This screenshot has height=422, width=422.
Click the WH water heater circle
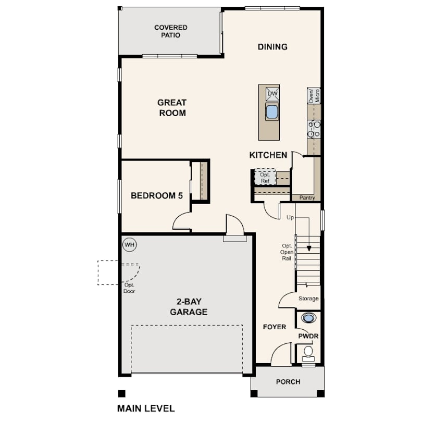[129, 245]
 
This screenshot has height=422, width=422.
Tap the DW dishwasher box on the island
[272, 94]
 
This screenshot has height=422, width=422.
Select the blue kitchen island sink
[272, 111]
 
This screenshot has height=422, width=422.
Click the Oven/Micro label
[314, 95]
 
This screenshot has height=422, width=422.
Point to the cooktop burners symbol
[314, 129]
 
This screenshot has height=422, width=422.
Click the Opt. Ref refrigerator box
[265, 178]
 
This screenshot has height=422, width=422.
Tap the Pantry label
[307, 198]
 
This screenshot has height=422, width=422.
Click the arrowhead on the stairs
[309, 249]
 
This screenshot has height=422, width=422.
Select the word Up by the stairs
[290, 217]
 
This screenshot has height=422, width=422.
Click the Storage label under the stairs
[308, 299]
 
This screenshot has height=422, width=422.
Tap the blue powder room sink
[308, 318]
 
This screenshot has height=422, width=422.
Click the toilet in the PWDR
[308, 354]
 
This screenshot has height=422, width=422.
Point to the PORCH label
[288, 382]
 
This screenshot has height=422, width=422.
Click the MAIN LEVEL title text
[146, 408]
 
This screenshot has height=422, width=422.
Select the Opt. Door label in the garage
[129, 288]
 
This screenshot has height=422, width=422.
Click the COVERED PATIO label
[171, 31]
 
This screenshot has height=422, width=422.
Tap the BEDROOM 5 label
[157, 196]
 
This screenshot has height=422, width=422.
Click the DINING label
[272, 47]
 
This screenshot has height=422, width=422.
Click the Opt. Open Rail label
[287, 252]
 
